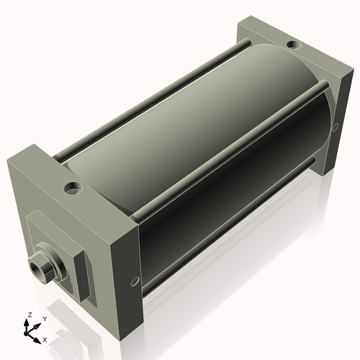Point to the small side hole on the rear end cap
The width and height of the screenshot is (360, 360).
[334, 127]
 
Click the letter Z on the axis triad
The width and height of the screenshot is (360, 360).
[29, 315]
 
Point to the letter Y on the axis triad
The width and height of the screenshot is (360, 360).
[45, 318]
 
